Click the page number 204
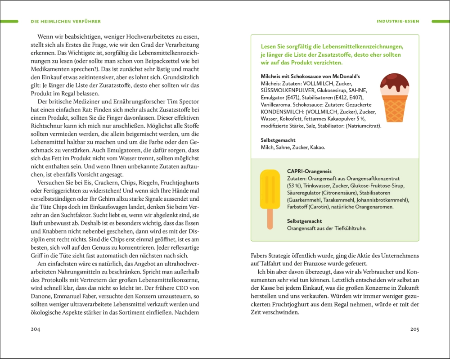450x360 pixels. pos(36,329)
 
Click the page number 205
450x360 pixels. pos(414,329)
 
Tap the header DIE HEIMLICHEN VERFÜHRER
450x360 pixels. pos(66,21)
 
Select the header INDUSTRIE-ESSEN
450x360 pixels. pos(398,21)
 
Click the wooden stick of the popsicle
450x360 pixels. pos(270,219)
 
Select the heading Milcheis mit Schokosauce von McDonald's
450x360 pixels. pos(310,76)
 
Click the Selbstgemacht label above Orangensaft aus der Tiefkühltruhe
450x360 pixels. pos(305,221)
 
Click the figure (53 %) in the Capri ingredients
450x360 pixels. pos(295,185)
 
